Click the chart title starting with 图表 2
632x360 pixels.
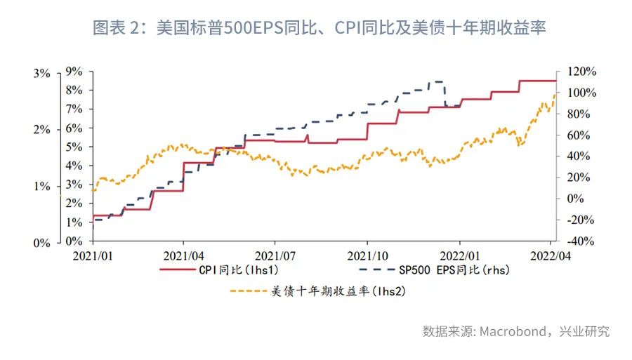click(x=320, y=28)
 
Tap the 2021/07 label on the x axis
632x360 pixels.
click(x=275, y=255)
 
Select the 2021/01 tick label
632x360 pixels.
click(x=93, y=255)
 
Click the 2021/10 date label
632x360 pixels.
click(x=367, y=255)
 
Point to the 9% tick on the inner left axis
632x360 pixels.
click(x=74, y=72)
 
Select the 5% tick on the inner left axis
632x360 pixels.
click(x=74, y=147)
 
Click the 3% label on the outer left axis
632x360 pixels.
click(x=41, y=72)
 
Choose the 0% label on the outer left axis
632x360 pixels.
click(x=41, y=242)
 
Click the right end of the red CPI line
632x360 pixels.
click(x=555, y=81)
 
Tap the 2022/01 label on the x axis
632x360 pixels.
click(x=459, y=255)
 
